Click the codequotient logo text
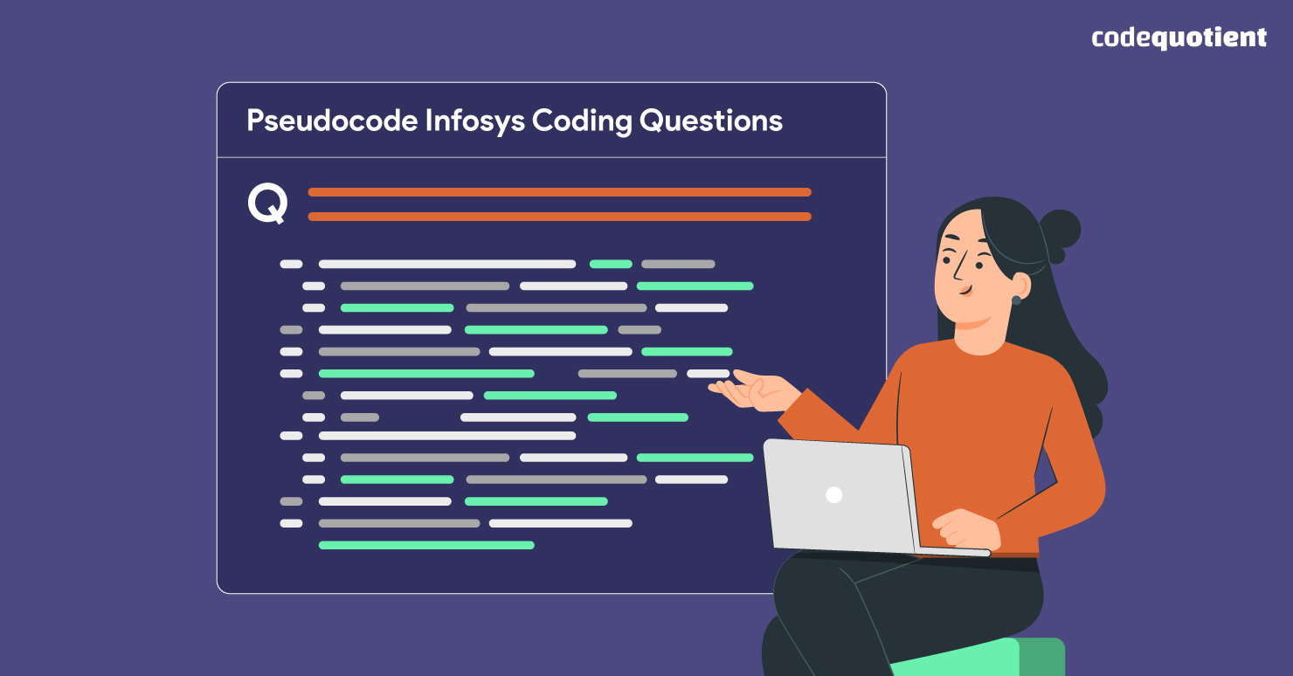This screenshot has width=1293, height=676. [x=1179, y=38]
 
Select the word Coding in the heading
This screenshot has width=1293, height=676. [x=581, y=121]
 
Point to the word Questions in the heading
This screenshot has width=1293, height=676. [x=710, y=121]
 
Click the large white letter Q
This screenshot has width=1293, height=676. [x=267, y=204]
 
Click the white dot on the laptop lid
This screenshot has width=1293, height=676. [x=833, y=494]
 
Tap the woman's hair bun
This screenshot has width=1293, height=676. [x=1059, y=231]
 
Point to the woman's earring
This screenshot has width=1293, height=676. [x=1016, y=300]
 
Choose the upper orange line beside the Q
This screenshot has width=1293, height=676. [x=559, y=192]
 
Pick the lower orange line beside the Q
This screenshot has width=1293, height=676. [x=559, y=217]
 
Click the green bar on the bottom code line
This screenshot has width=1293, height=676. [x=426, y=545]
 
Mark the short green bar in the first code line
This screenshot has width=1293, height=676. [x=611, y=264]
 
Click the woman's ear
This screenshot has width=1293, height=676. [x=1017, y=285]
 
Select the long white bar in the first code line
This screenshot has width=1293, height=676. [x=447, y=264]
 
